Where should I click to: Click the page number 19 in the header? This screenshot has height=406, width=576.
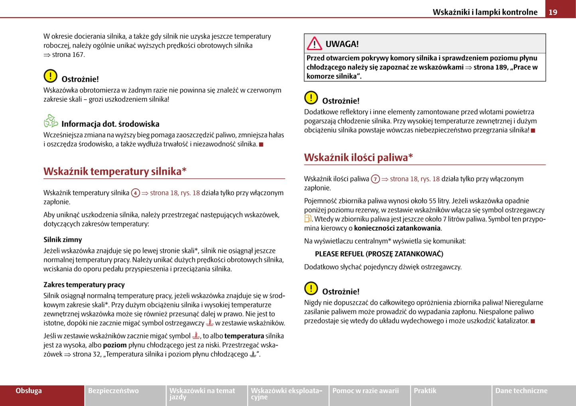pos(553,12)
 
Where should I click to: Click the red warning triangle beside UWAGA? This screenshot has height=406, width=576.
pos(315,43)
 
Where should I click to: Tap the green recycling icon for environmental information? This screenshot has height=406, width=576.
pos(51,121)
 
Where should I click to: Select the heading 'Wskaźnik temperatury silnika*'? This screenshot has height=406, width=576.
pos(115,171)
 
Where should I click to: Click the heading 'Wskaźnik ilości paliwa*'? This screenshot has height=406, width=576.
pos(358,157)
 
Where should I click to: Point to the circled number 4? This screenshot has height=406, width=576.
pos(136,193)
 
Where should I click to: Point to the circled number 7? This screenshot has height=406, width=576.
pos(375,179)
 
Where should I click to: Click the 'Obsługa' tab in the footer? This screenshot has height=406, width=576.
pos(29,391)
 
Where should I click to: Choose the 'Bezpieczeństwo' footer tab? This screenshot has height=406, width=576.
pos(114,391)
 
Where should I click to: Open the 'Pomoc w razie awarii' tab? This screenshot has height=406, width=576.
pos(366,391)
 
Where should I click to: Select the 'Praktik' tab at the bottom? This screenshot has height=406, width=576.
pos(425,391)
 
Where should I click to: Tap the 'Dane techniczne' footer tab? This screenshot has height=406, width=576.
pos(521,391)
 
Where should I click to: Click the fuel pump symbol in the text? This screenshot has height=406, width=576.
pos(308,219)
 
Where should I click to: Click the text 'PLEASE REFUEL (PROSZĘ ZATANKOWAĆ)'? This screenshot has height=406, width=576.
pos(379,254)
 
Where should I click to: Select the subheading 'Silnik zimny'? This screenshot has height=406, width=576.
pos(63,239)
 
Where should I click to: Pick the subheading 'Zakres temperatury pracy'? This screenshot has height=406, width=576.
pos(84,284)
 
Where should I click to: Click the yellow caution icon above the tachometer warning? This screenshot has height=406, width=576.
pos(51,76)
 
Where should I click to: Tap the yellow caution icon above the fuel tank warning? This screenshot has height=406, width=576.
pos(311,288)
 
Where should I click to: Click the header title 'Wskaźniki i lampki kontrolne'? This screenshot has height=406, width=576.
pos(485,12)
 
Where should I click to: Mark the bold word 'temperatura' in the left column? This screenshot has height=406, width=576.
pos(244,336)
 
